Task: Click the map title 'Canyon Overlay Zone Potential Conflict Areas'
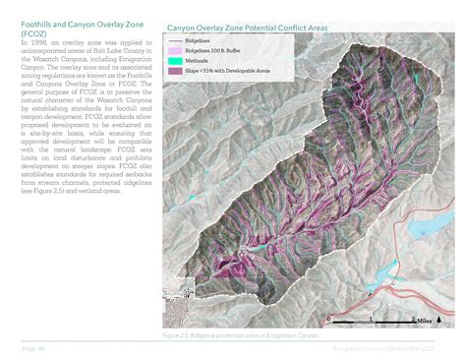point(261,29)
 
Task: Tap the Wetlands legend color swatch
point(174,60)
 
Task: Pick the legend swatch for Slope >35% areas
point(174,70)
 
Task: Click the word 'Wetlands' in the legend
point(199,60)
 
